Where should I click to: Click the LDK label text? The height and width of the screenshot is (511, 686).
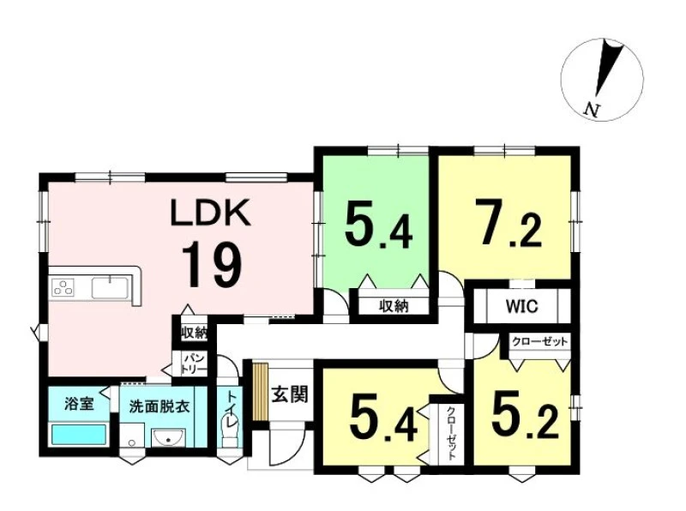[x=210, y=212]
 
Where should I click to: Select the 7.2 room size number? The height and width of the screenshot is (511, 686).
[x=508, y=223]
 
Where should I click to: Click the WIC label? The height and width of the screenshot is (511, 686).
[x=521, y=306]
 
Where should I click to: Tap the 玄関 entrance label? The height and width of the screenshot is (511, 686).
[x=290, y=394]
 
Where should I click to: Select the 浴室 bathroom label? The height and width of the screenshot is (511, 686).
[x=79, y=403]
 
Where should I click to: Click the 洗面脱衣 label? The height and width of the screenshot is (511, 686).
[x=159, y=406]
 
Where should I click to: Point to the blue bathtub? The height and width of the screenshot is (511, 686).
[x=79, y=435]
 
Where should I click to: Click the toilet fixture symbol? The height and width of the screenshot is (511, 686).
[x=229, y=431]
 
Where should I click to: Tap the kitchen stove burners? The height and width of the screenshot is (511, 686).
[x=63, y=288]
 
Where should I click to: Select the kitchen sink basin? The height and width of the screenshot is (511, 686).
[x=110, y=287]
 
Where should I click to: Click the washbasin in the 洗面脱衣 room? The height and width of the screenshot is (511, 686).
[x=168, y=437]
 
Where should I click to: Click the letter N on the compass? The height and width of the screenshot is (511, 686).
[x=593, y=110]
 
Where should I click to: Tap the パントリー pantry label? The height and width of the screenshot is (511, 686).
[x=195, y=364]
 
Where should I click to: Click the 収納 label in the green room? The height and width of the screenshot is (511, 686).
[x=394, y=306]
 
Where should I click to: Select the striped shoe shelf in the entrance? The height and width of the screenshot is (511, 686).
[x=261, y=391]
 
